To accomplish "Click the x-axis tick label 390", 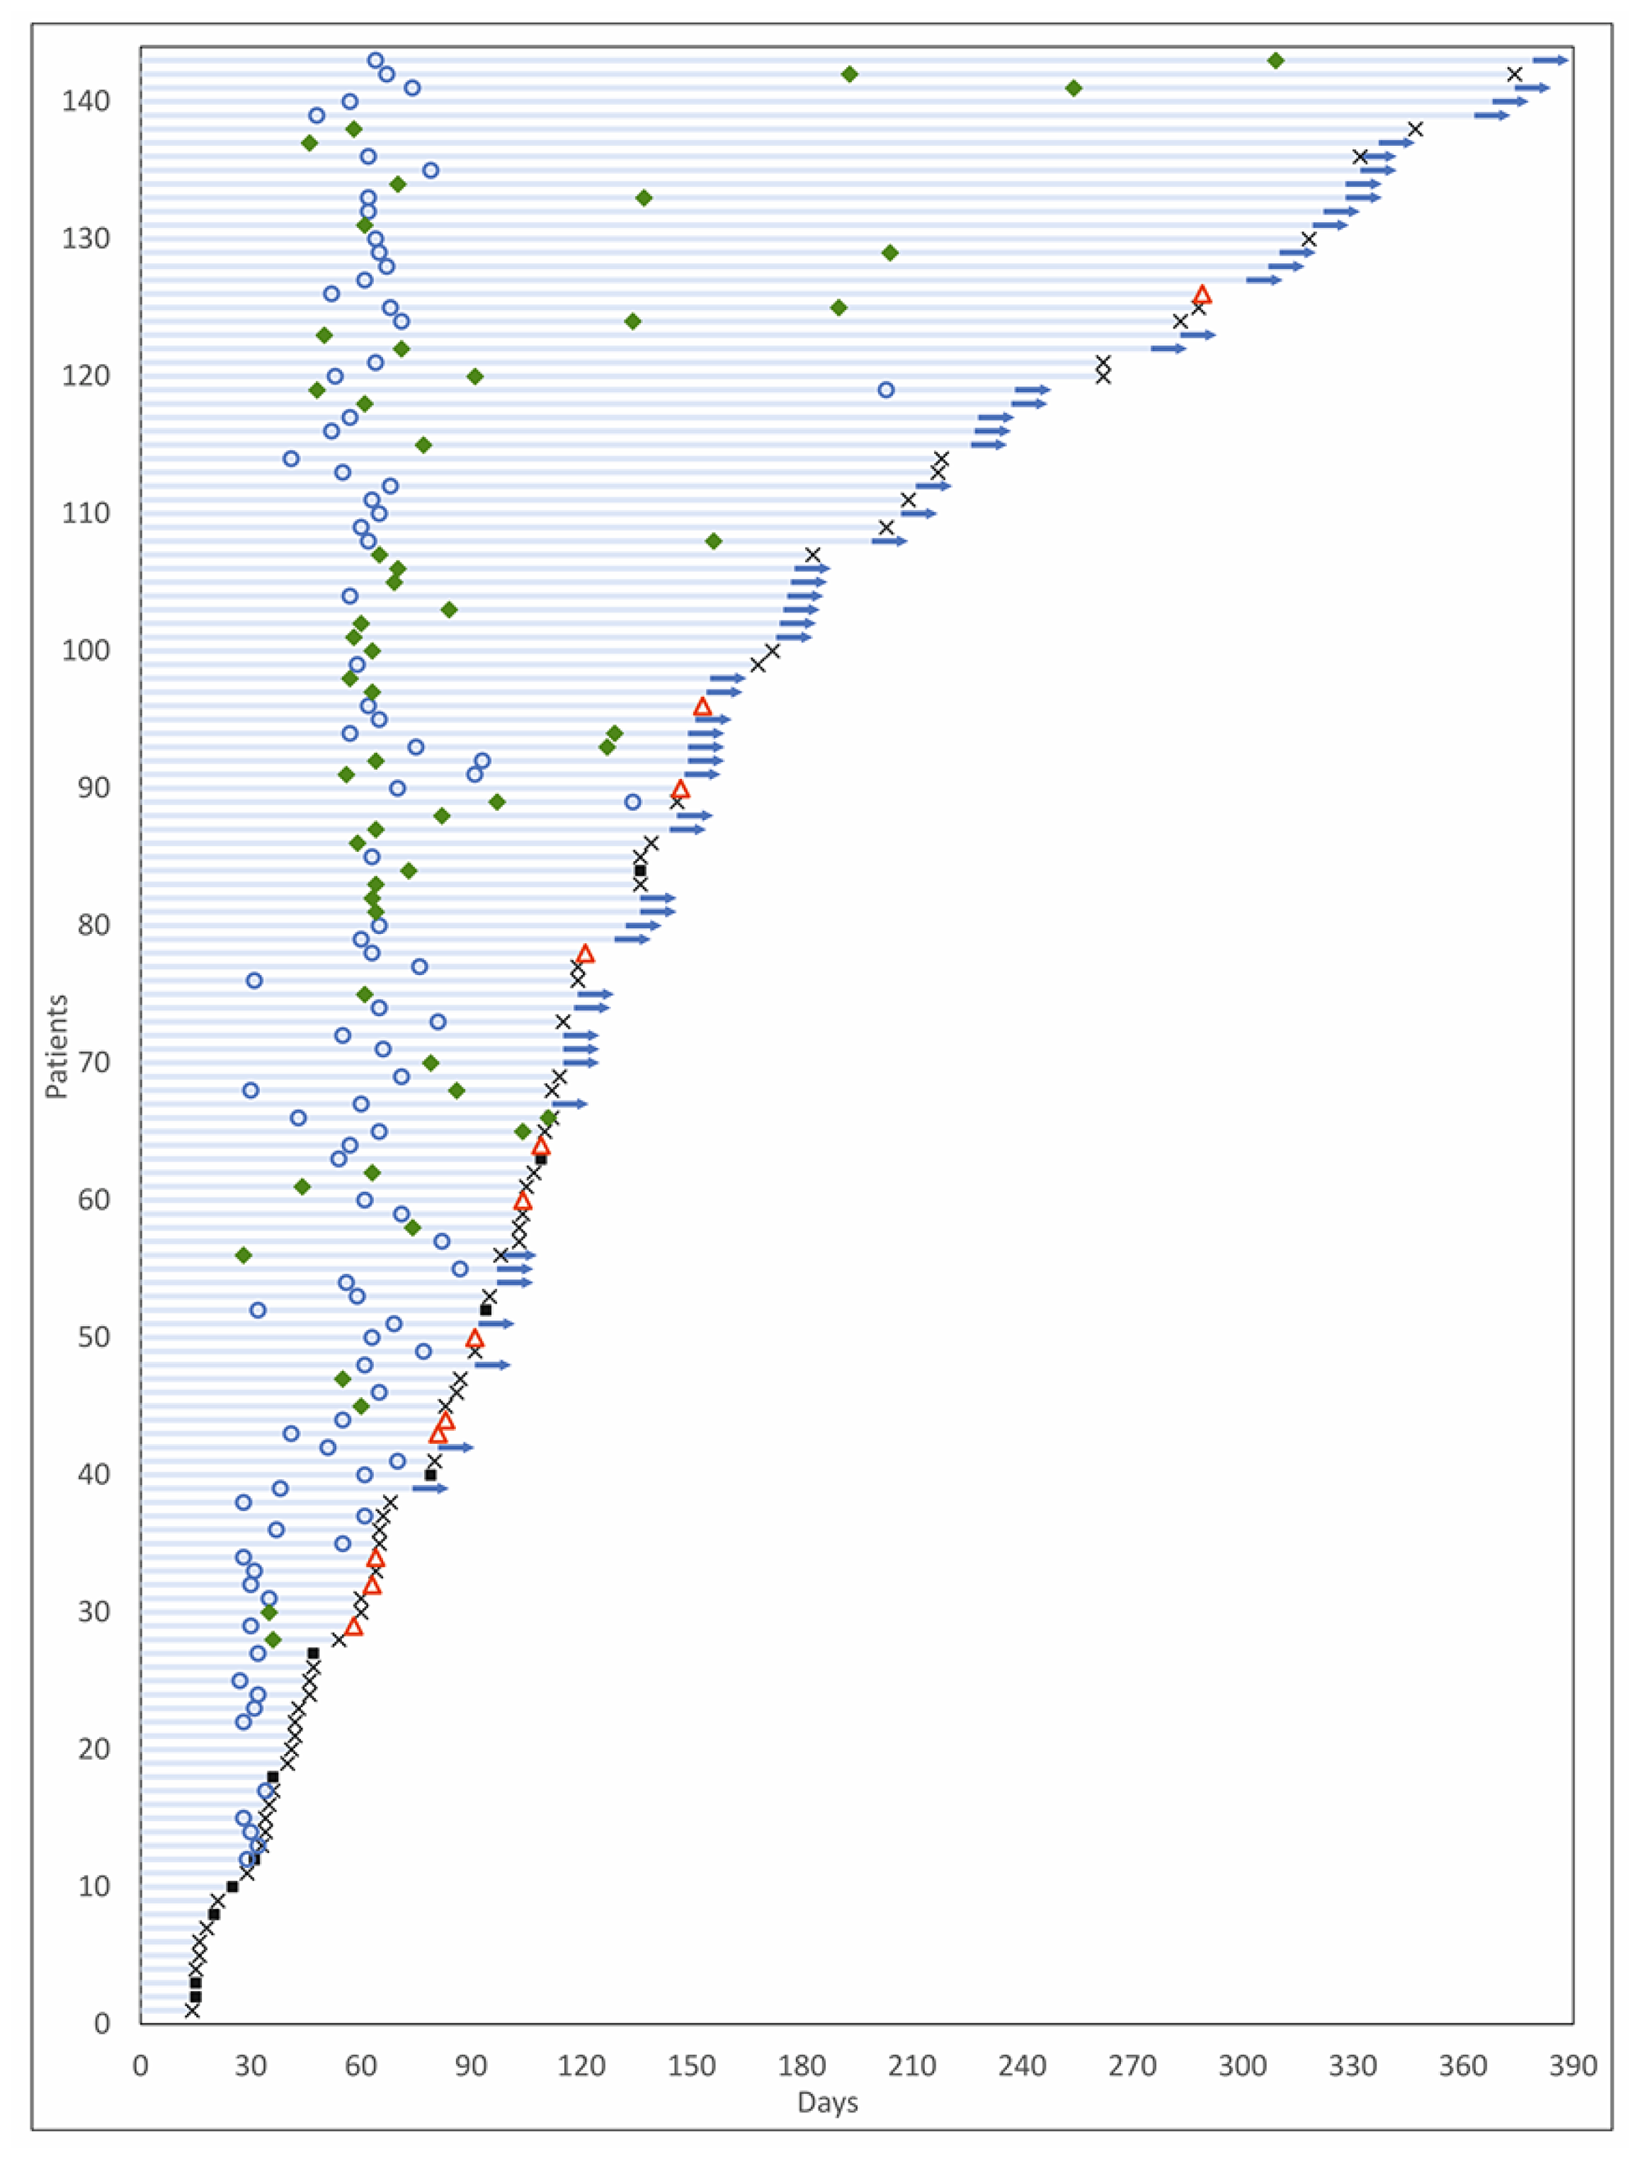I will coord(1573,2066).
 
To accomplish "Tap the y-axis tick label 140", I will coord(86,102).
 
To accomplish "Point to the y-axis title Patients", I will coord(57,1046).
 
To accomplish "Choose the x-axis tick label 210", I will coord(912,2066).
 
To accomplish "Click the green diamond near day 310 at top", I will coord(1276,61).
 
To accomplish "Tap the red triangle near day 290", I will coord(1201,294).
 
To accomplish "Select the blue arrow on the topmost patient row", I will coord(1550,61).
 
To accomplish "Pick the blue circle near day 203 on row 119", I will coord(886,390).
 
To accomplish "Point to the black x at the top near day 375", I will coord(1514,74).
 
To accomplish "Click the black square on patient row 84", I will coord(640,871).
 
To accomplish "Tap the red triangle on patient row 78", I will coord(585,954).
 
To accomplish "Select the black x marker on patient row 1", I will coord(193,2011).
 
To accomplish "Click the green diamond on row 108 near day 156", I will coord(713,540).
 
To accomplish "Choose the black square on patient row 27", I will coord(313,1653).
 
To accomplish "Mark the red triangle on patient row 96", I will coord(702,707).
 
